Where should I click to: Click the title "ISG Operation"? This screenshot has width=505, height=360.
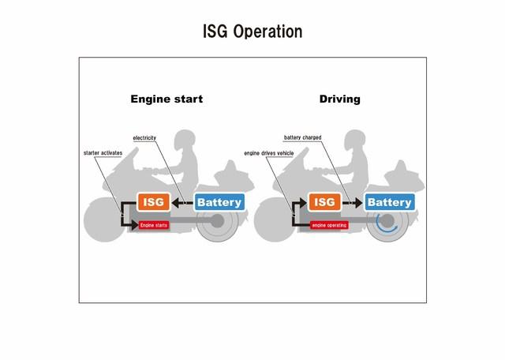(x=252, y=32)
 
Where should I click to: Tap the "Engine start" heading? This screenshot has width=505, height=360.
(x=166, y=99)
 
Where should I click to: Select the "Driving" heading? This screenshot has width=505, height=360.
(x=340, y=99)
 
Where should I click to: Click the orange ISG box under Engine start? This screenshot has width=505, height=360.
(x=154, y=202)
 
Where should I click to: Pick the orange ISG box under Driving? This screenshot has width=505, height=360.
(x=324, y=202)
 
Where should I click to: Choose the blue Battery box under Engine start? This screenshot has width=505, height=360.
(x=219, y=202)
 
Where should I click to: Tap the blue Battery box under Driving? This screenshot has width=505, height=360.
(x=390, y=202)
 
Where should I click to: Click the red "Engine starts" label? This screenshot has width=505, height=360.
(x=154, y=225)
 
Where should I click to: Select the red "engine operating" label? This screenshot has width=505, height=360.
(x=329, y=225)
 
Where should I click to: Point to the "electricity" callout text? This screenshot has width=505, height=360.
(x=144, y=138)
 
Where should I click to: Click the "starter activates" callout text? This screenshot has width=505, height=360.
(x=103, y=153)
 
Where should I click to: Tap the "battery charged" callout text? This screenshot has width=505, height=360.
(x=302, y=137)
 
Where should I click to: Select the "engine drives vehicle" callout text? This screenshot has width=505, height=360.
(x=269, y=153)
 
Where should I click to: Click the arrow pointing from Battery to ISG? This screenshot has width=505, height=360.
(x=182, y=203)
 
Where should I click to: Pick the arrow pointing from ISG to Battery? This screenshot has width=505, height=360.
(x=353, y=203)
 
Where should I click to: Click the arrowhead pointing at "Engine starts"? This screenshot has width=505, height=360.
(x=135, y=225)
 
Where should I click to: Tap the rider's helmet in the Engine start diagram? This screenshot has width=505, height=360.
(x=185, y=140)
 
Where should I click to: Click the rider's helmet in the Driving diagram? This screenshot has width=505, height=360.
(x=354, y=140)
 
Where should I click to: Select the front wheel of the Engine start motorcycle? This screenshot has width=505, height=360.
(x=103, y=220)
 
